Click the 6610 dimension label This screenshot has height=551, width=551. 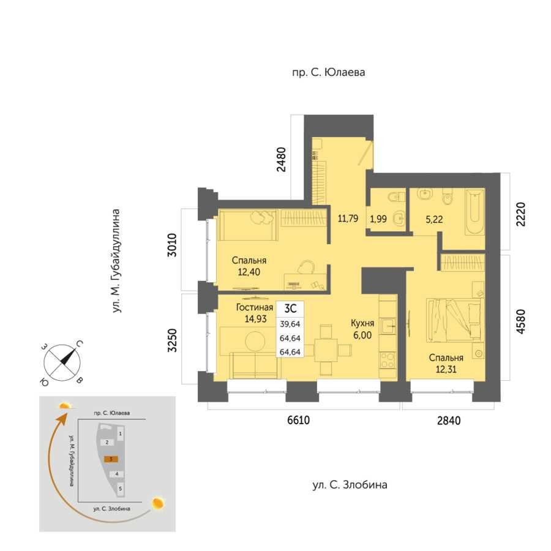click(298, 420)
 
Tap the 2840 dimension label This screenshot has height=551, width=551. click(449, 420)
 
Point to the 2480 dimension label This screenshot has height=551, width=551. click(282, 159)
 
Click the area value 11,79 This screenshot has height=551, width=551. click(348, 218)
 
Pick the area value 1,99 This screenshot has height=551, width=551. click(378, 219)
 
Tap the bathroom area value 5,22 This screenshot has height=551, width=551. click(434, 220)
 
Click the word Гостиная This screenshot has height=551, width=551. click(255, 307)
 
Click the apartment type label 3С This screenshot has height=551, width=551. click(290, 308)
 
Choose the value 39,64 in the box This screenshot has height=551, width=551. click(290, 324)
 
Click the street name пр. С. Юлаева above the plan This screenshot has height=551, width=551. click(329, 72)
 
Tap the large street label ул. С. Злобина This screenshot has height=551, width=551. click(350, 485)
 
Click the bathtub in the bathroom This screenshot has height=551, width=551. click(474, 212)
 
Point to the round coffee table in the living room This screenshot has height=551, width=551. click(255, 341)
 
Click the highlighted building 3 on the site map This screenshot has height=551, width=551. click(111, 459)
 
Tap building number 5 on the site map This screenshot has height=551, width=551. click(120, 489)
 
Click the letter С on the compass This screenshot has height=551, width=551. click(80, 343)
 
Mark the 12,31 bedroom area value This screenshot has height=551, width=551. click(446, 369)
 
